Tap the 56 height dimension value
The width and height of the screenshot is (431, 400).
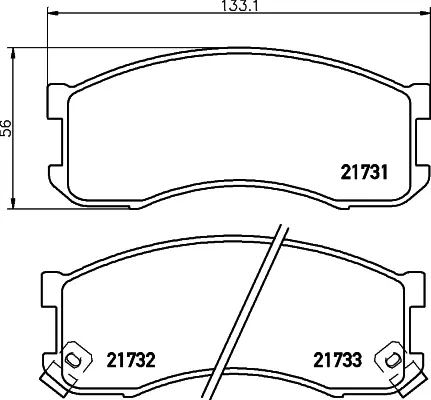pos(6,128)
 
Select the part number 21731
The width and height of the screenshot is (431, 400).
pos(364,173)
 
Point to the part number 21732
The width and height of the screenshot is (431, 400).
pos(131,360)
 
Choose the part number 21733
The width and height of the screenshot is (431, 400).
pos(337,360)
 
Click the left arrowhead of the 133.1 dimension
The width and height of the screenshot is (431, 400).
pos(53,13)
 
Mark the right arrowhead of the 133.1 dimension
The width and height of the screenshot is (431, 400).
pos(425,13)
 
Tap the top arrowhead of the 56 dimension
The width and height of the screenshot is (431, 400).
pos(13,53)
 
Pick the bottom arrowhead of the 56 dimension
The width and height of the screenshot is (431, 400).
pos(13,204)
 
